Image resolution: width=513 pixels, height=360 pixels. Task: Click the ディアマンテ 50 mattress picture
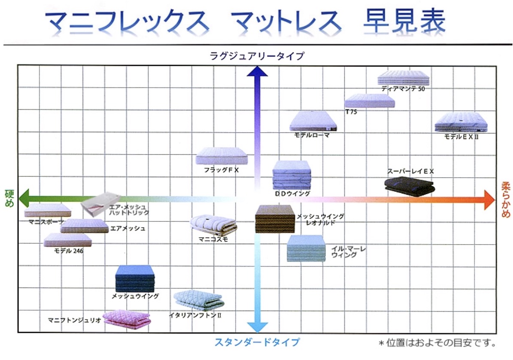[x=403, y=78]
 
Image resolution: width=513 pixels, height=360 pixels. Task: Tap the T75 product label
[x=351, y=112]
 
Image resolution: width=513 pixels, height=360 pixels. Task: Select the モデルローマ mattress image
[x=313, y=121]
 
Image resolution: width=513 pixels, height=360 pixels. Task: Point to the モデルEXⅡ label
[x=461, y=137]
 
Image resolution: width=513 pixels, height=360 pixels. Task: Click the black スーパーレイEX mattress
[x=410, y=186]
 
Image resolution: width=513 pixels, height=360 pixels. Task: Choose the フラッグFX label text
[x=222, y=170]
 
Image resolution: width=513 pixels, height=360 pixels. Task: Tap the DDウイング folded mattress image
[x=291, y=175]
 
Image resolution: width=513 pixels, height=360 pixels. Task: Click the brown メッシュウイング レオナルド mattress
[x=275, y=219]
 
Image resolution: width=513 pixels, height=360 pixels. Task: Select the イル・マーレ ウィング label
[x=349, y=252]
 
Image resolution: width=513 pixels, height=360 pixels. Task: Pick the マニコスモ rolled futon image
[x=214, y=225]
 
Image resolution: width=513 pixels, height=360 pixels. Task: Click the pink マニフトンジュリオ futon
[x=127, y=320]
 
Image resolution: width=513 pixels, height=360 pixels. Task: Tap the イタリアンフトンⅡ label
[x=195, y=315]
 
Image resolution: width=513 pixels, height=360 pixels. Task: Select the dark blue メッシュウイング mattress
[x=135, y=278]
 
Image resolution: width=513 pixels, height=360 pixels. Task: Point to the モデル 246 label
[x=69, y=251]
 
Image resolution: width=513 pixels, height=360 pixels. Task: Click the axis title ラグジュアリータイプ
[x=257, y=56]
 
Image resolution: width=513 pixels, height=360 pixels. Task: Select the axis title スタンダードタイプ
[x=257, y=342]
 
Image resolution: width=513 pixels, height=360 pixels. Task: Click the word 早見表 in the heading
[x=404, y=21]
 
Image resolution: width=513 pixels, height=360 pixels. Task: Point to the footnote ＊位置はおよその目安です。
[x=437, y=343]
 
